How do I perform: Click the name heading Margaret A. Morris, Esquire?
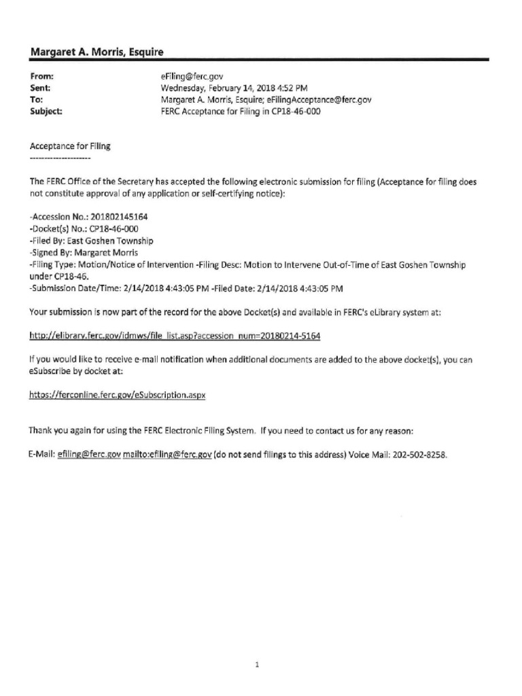pyautogui.click(x=97, y=52)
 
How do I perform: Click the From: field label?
pyautogui.click(x=42, y=77)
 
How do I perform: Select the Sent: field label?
pyautogui.click(x=41, y=88)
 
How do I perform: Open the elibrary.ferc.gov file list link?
pyautogui.click(x=175, y=336)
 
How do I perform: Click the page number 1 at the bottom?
pyautogui.click(x=258, y=646)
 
